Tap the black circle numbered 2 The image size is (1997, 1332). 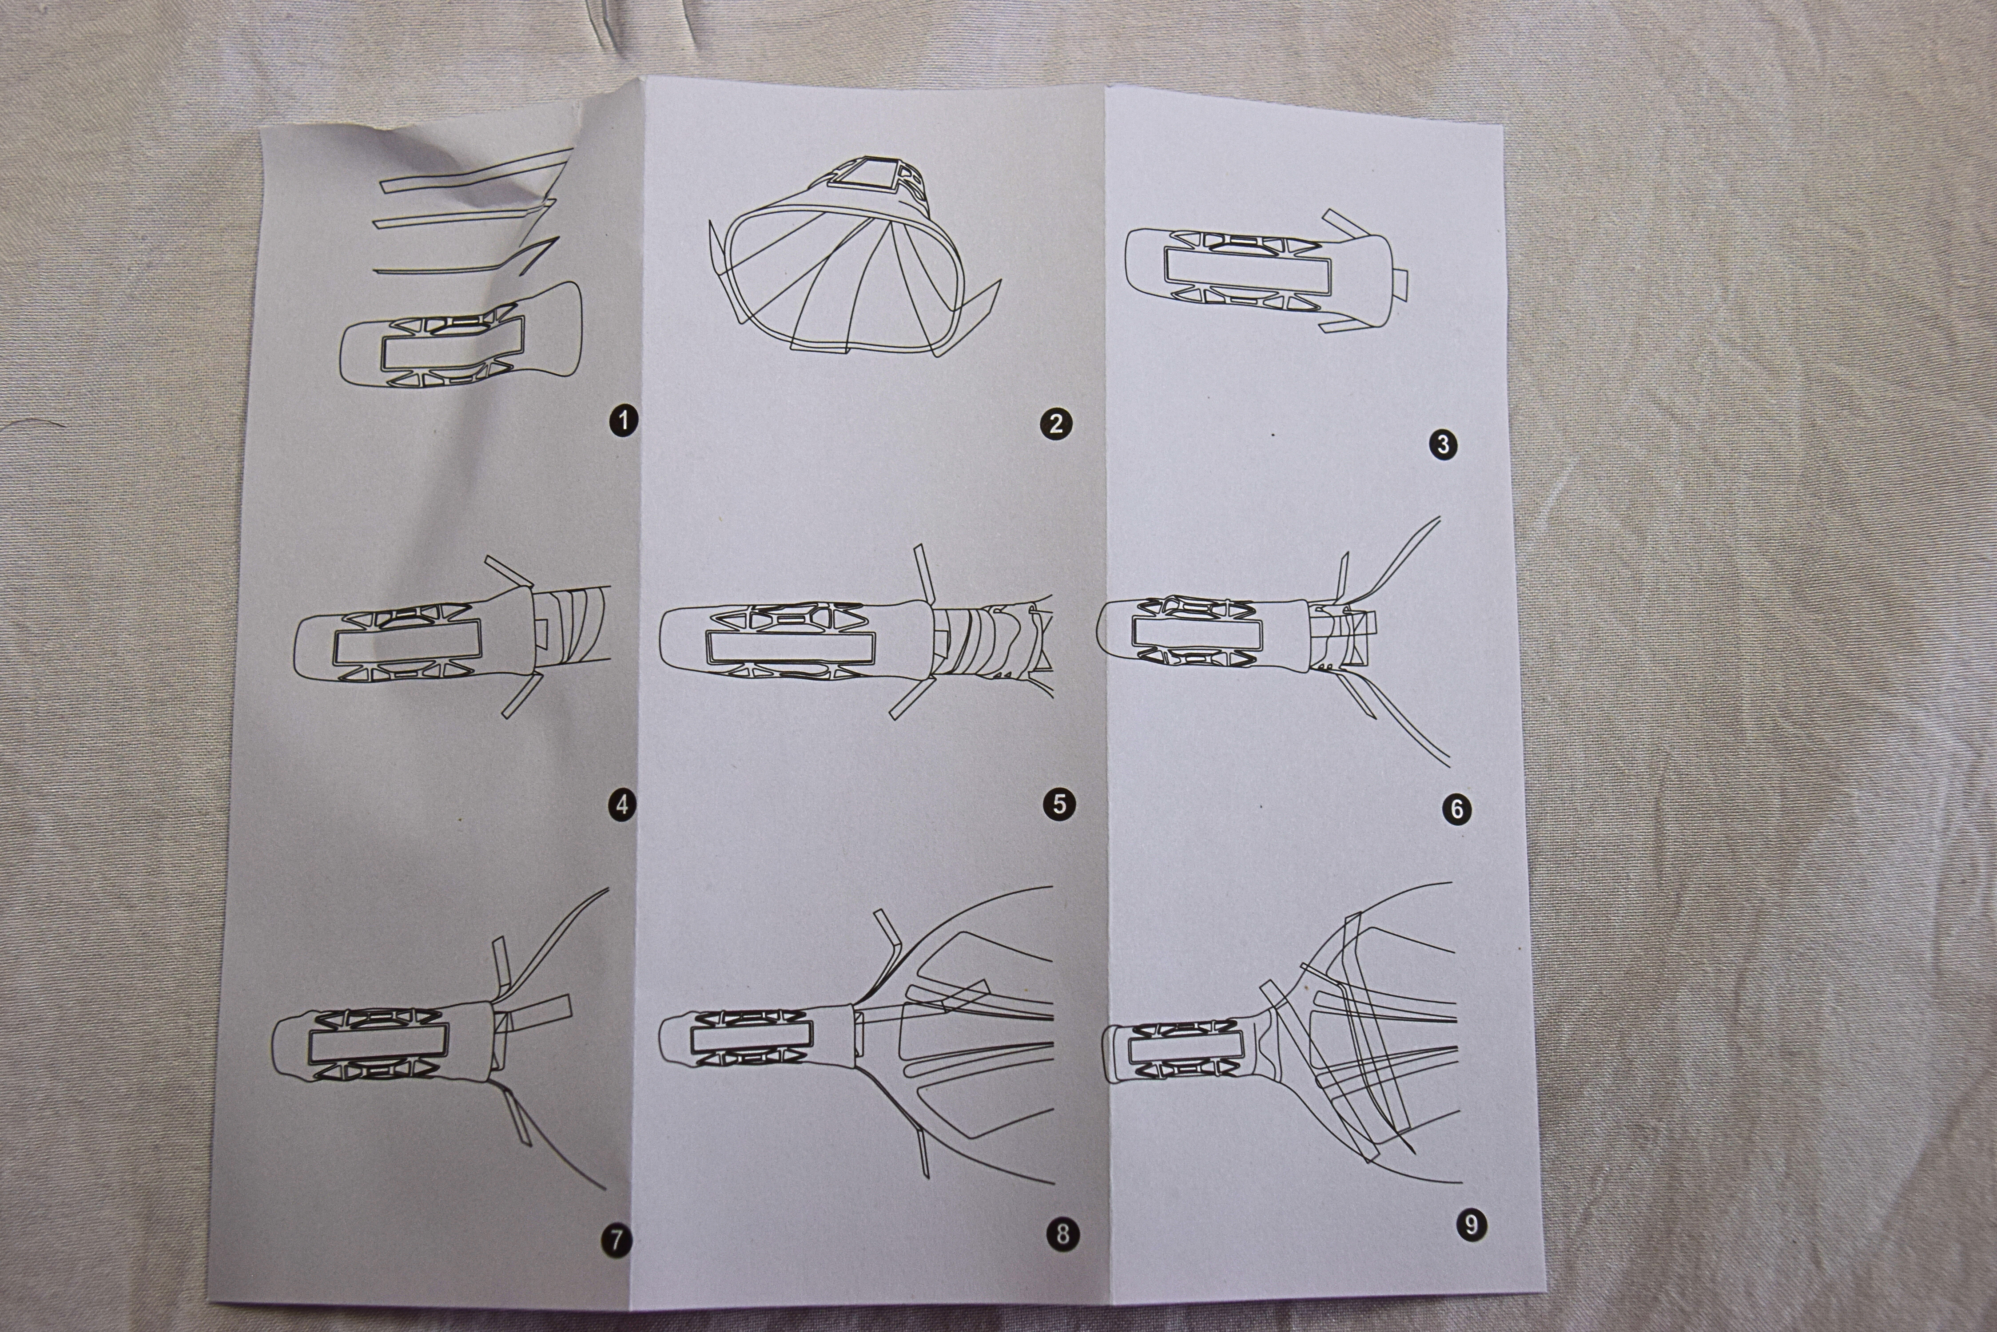click(1056, 423)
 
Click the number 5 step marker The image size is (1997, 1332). click(1059, 804)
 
